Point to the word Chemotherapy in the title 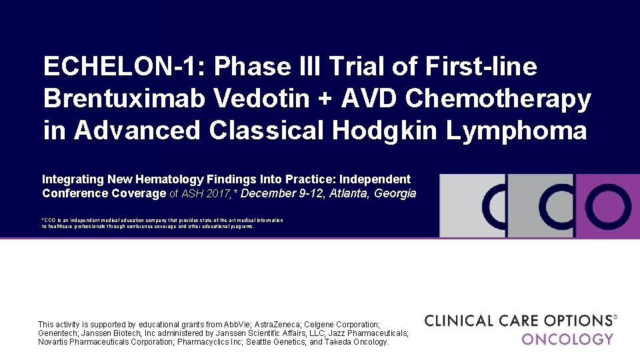point(498,99)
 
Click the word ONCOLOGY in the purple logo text point(567,339)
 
